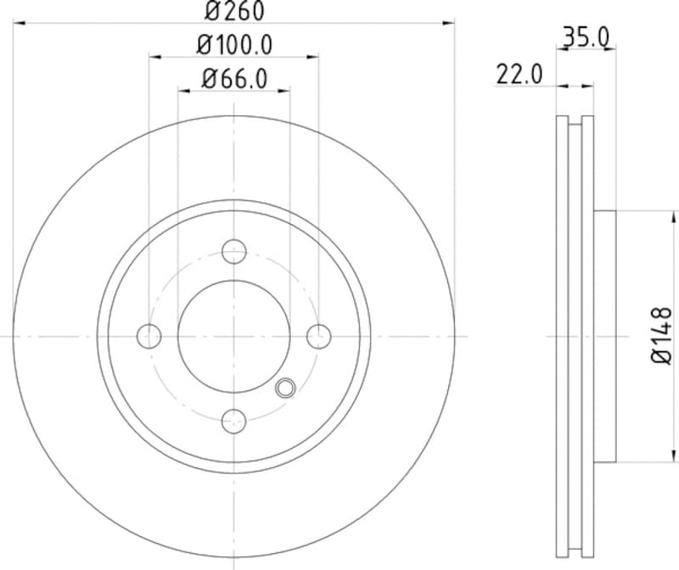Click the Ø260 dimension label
[234, 11]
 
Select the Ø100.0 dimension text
[234, 44]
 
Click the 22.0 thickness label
[519, 75]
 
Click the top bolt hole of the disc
[233, 251]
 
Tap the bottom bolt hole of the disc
[233, 421]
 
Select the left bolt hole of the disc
[149, 336]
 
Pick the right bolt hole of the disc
[318, 336]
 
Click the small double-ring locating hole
[285, 388]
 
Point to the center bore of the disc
[233, 336]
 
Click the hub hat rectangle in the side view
[604, 336]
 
